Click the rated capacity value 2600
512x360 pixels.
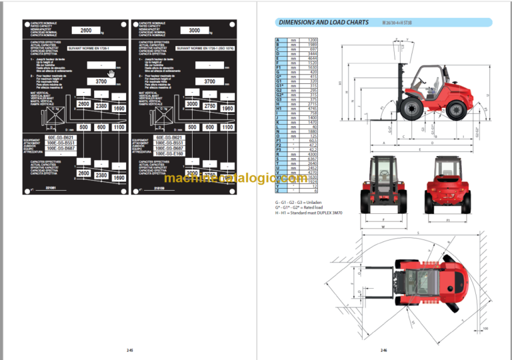tap(85, 30)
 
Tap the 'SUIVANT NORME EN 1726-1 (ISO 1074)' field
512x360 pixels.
tap(205, 49)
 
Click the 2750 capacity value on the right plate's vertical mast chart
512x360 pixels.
tap(210, 105)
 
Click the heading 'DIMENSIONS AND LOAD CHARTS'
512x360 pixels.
tap(323, 23)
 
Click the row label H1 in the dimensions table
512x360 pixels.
tap(278, 109)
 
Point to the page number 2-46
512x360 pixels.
tap(384, 351)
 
